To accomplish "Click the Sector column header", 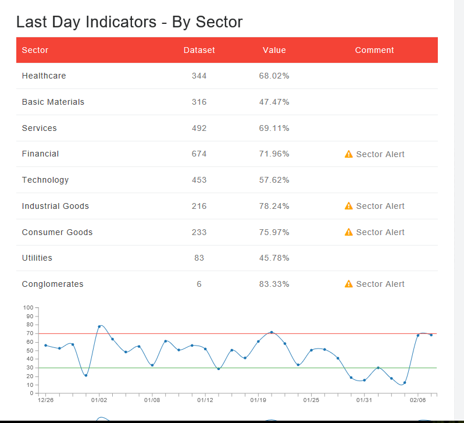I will tap(35, 50).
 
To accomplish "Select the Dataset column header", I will tap(199, 50).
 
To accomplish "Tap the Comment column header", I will tap(374, 50).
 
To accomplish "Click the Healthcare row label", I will tap(44, 76).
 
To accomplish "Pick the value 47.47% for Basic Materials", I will tap(274, 102).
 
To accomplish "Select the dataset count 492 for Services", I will tap(199, 128).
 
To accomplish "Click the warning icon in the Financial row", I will tap(349, 154).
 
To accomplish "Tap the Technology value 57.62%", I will tap(274, 180).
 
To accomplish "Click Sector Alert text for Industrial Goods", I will tap(380, 206).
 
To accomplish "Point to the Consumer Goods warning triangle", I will tap(349, 232).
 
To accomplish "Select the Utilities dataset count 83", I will tap(199, 258).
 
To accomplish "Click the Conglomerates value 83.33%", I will tap(274, 284).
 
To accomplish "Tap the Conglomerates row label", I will tap(52, 284).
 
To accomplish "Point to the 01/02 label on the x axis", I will tap(99, 400).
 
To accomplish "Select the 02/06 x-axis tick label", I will tap(417, 400).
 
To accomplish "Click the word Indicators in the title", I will tap(121, 22).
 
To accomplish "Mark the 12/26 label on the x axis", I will tap(46, 400).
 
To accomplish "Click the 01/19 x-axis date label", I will tap(258, 400).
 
